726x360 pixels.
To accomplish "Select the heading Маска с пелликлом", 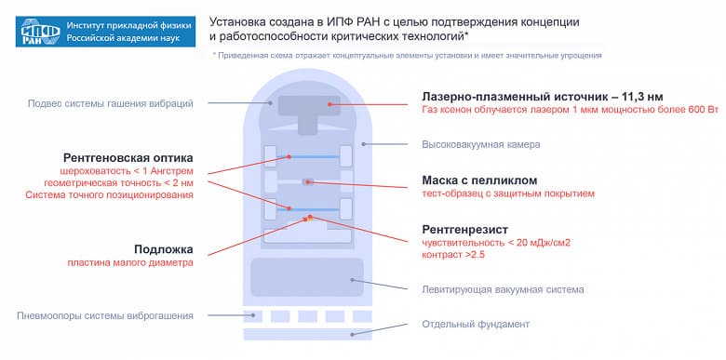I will point(479,180).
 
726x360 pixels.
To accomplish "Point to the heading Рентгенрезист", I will point(465,228).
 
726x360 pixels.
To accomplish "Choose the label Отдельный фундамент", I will point(477,324).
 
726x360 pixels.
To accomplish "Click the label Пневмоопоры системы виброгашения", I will point(105,315).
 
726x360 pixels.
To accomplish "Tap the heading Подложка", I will point(163,248).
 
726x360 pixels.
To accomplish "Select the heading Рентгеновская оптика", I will point(128,157).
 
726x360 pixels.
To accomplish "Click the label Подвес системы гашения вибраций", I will point(111,102).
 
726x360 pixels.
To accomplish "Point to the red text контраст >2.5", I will point(453,255).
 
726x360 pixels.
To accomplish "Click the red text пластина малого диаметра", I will point(130,262).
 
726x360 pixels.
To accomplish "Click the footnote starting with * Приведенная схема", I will point(407,56).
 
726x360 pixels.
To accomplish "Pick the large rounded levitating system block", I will point(307,277).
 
